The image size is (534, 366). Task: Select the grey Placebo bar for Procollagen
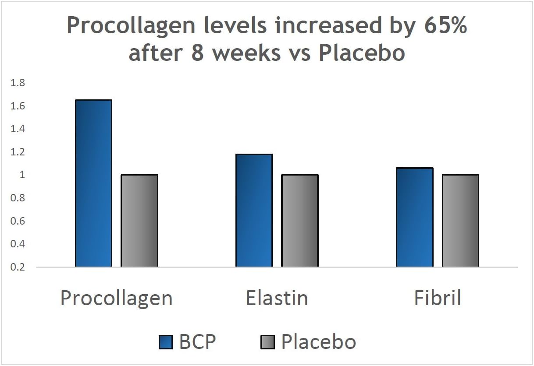pos(139,221)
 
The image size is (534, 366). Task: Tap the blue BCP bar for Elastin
pos(254,210)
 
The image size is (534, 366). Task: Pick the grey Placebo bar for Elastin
pos(300,221)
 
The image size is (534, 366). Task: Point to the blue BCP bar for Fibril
pos(414,217)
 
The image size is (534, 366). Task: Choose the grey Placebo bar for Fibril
pos(460,221)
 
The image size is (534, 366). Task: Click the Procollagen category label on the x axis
pos(116,298)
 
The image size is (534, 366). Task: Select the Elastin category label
pos(277,298)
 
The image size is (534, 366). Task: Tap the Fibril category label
pos(438,298)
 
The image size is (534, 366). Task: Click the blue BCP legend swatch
pos(167,342)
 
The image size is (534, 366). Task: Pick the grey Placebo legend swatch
pos(267,342)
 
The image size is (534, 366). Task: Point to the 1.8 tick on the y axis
pos(19,83)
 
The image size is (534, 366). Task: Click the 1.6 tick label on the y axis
pos(19,106)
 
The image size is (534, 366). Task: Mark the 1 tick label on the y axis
pos(22,175)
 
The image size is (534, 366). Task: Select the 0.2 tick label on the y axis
pos(19,267)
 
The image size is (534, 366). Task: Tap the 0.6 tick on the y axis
pos(19,221)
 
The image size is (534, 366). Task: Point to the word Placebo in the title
pos(361,53)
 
